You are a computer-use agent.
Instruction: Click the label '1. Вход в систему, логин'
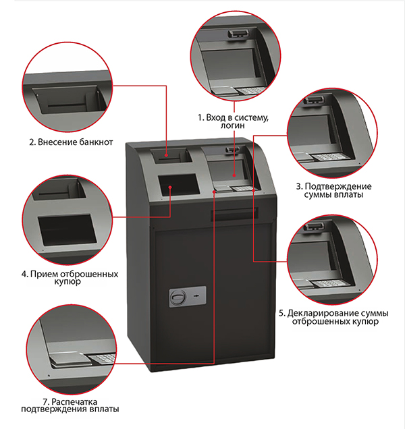(234, 121)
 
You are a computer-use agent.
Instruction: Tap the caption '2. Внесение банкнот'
(71, 142)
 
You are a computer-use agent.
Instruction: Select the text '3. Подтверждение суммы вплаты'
(334, 190)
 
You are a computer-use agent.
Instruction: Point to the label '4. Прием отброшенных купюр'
(70, 278)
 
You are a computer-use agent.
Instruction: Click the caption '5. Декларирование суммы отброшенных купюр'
(333, 317)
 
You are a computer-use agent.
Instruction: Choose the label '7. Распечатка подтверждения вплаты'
(70, 405)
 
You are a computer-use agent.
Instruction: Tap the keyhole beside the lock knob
(196, 296)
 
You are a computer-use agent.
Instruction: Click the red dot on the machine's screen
(234, 175)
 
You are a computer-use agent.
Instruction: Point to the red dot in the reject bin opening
(170, 187)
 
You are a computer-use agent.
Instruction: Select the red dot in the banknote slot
(167, 155)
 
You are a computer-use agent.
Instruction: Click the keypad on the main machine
(241, 188)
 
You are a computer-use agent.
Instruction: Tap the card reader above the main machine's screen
(232, 149)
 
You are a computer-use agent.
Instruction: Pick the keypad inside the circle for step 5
(330, 283)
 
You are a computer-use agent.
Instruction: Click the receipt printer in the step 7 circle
(69, 360)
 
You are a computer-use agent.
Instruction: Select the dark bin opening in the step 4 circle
(67, 231)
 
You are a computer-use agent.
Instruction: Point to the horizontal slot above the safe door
(234, 214)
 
